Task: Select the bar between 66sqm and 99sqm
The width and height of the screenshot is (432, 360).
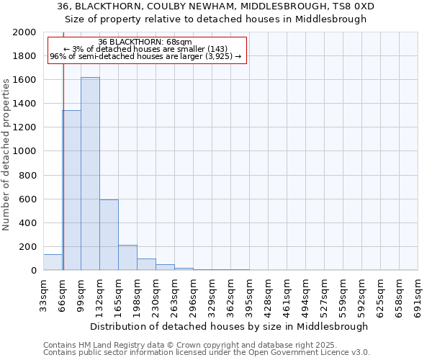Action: (x=71, y=190)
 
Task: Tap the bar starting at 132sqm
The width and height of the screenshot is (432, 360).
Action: (x=109, y=235)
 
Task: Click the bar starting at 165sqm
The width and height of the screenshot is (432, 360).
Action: (x=127, y=258)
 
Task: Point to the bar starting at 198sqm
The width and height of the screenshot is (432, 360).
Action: (x=146, y=264)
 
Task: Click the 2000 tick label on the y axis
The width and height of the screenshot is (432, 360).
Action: (x=24, y=32)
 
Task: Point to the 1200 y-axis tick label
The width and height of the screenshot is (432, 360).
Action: (x=24, y=127)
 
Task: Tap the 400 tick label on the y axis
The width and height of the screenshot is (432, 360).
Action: (x=27, y=223)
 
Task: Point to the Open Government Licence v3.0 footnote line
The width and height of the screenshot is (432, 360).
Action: (x=207, y=353)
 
